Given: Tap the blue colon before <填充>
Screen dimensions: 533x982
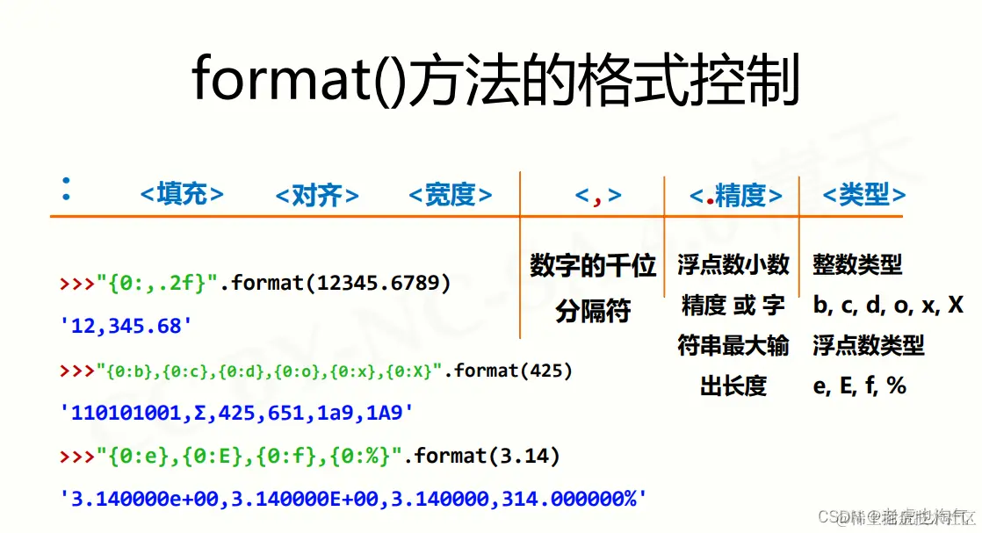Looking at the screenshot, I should (65, 189).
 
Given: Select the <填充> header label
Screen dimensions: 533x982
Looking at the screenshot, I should (182, 194).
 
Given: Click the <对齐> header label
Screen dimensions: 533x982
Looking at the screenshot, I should (316, 194).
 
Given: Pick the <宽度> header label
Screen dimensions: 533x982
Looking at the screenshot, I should (450, 194).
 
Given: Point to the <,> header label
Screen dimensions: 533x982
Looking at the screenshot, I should (598, 195).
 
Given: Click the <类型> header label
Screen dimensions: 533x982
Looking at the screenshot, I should (863, 195).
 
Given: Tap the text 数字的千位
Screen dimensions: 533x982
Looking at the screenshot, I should (593, 265).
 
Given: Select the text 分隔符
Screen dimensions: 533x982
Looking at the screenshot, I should (593, 311).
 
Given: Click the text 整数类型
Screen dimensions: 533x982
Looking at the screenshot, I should (857, 263).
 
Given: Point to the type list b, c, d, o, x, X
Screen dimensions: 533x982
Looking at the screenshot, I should (888, 305).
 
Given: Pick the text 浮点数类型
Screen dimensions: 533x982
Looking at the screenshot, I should (869, 345).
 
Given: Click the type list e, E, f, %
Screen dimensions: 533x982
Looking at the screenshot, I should (859, 385).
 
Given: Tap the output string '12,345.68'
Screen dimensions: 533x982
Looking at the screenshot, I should (126, 326).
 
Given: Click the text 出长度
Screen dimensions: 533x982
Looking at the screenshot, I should (733, 385).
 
